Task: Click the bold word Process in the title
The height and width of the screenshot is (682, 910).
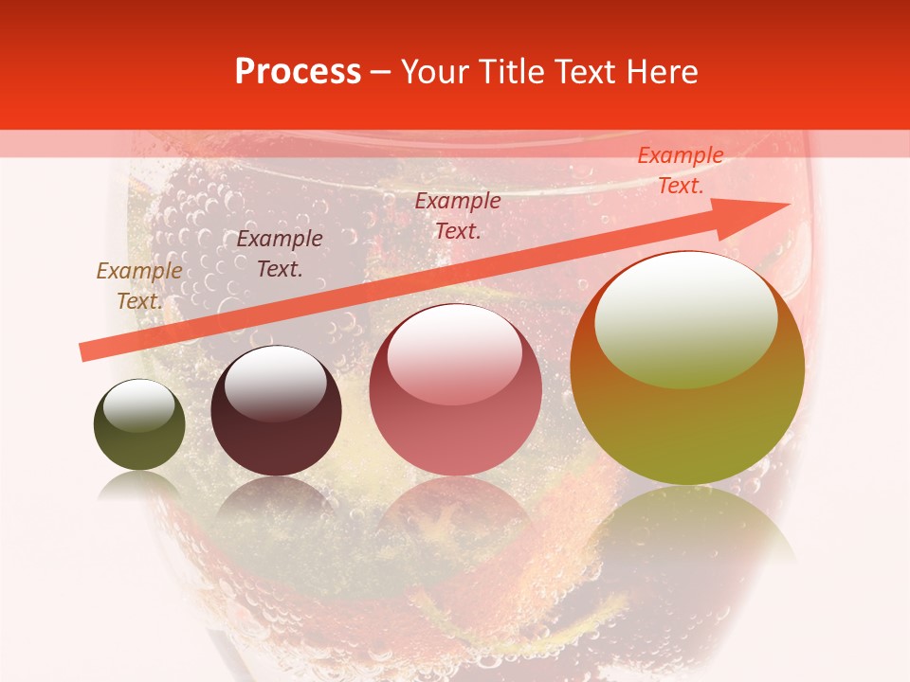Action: pyautogui.click(x=298, y=72)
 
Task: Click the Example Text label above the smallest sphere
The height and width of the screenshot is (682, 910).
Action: pyautogui.click(x=139, y=285)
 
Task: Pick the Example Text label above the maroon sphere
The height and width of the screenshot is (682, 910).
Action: pyautogui.click(x=280, y=254)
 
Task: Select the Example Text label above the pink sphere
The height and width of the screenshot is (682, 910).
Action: pyautogui.click(x=458, y=215)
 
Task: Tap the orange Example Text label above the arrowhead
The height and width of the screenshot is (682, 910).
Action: pyautogui.click(x=680, y=170)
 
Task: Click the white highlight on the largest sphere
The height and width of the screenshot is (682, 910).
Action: pyautogui.click(x=685, y=317)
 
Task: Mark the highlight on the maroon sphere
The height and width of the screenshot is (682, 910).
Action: pyautogui.click(x=275, y=384)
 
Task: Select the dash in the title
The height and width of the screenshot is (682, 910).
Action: pyautogui.click(x=381, y=74)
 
